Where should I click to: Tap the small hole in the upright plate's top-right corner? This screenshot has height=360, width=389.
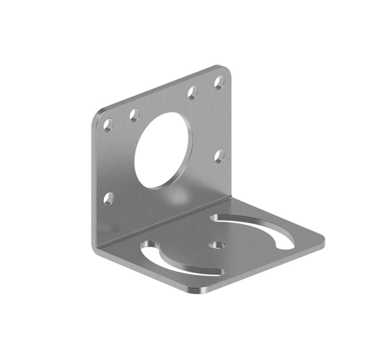point(220,82)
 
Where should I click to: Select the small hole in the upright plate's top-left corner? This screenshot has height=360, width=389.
point(108,125)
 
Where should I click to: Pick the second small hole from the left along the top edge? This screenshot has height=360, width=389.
point(134,115)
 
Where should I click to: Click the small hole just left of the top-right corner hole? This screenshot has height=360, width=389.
point(193,93)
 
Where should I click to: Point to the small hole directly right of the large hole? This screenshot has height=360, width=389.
point(219,157)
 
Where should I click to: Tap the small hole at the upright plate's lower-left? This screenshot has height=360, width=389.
point(108,198)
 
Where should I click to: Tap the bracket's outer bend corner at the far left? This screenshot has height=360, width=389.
point(96,249)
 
